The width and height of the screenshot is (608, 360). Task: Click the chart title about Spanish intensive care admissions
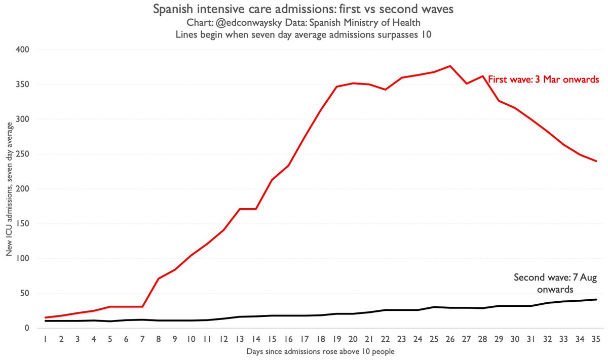[x=304, y=9]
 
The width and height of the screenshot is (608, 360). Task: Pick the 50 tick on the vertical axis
[x=25, y=293]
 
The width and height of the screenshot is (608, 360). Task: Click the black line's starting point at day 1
[x=46, y=321]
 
